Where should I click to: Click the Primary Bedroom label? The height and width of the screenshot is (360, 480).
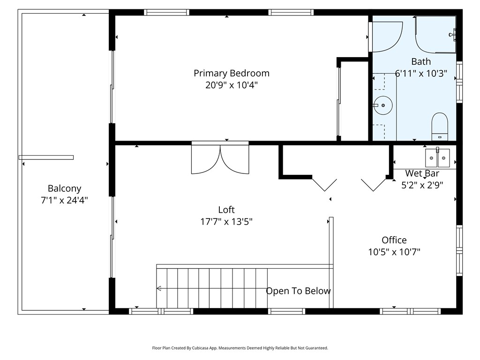coord(232,73)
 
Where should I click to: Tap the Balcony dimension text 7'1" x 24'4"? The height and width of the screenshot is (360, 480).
coord(64,200)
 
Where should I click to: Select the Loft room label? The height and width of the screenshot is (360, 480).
coord(226,210)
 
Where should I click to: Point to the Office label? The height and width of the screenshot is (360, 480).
coord(394,240)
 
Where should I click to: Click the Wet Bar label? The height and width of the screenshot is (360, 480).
coord(422,173)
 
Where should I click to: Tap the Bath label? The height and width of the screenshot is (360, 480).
coord(421,61)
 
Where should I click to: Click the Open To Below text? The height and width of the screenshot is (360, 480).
coord(298,291)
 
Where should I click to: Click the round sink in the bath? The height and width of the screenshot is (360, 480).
coord(383,105)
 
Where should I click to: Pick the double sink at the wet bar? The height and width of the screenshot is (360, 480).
coord(437,157)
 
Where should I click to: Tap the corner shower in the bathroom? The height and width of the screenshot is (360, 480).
coord(435,34)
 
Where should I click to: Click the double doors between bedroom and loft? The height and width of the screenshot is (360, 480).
coord(220,157)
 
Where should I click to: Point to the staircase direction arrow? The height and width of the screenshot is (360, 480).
coord(212,288)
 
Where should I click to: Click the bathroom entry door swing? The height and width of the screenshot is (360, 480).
coord(385,37)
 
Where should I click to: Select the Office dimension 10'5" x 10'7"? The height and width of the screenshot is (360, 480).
coord(394,252)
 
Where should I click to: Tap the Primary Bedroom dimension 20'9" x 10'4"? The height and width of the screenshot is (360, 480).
coord(232,85)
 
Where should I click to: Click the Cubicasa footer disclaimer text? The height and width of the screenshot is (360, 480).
coord(240,348)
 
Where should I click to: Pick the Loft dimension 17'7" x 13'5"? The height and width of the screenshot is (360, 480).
coord(226,221)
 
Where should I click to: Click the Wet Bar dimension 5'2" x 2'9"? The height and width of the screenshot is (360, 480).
coord(422,185)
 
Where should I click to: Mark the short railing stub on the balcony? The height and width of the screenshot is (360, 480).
coord(46,157)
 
